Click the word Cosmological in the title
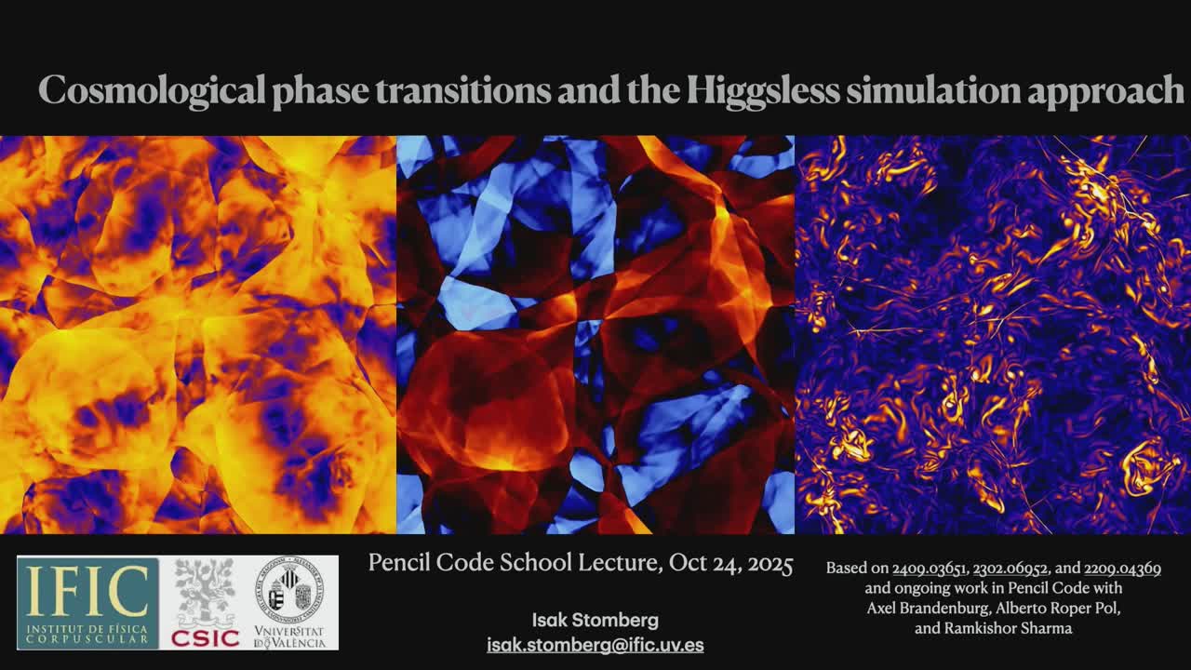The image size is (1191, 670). [152, 91]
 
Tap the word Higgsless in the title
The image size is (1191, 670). [763, 91]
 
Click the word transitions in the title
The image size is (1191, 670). [463, 90]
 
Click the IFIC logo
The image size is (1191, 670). [87, 603]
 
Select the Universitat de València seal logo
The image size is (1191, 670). [290, 603]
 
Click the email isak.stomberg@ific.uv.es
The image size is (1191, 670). [595, 645]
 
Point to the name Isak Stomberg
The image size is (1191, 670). [595, 620]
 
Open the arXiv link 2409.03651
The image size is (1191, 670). [929, 569]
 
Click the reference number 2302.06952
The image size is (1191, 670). [1010, 569]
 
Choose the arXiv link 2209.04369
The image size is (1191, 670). [1122, 569]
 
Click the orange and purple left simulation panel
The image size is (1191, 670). [198, 334]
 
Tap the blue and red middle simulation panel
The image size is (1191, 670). [595, 334]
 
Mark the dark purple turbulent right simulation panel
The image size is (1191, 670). [993, 334]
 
